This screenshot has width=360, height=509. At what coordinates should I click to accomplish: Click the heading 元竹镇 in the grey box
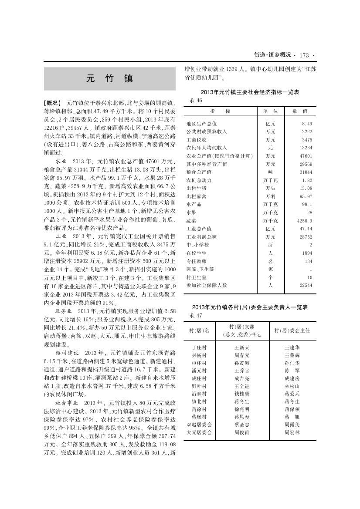click(x=110, y=79)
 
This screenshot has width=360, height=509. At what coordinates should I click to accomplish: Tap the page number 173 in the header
click(x=304, y=55)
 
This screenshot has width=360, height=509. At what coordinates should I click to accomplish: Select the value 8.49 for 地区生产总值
click(x=307, y=124)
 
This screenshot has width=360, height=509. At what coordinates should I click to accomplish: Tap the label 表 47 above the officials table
click(x=197, y=315)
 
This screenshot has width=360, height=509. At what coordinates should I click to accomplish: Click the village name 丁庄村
click(x=199, y=347)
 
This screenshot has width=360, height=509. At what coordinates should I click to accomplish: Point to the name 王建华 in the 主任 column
click(x=292, y=347)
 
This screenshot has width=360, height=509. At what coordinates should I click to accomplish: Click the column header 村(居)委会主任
click(x=292, y=330)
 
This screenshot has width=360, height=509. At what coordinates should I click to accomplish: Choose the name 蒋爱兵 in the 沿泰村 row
click(x=292, y=394)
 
